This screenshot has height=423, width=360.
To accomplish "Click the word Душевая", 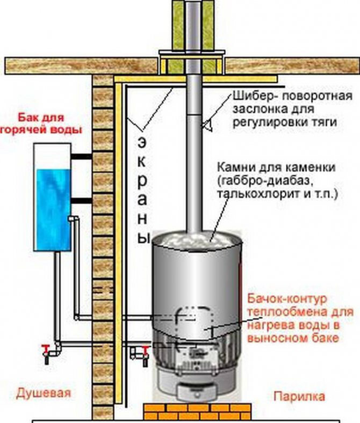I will pyautogui.click(x=44, y=392).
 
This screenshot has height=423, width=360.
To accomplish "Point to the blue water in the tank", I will pyautogui.click(x=53, y=209).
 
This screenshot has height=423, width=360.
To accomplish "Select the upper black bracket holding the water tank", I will pyautogui.click(x=82, y=156).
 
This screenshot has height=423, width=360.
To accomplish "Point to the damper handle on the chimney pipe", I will pyautogui.click(x=207, y=125).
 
